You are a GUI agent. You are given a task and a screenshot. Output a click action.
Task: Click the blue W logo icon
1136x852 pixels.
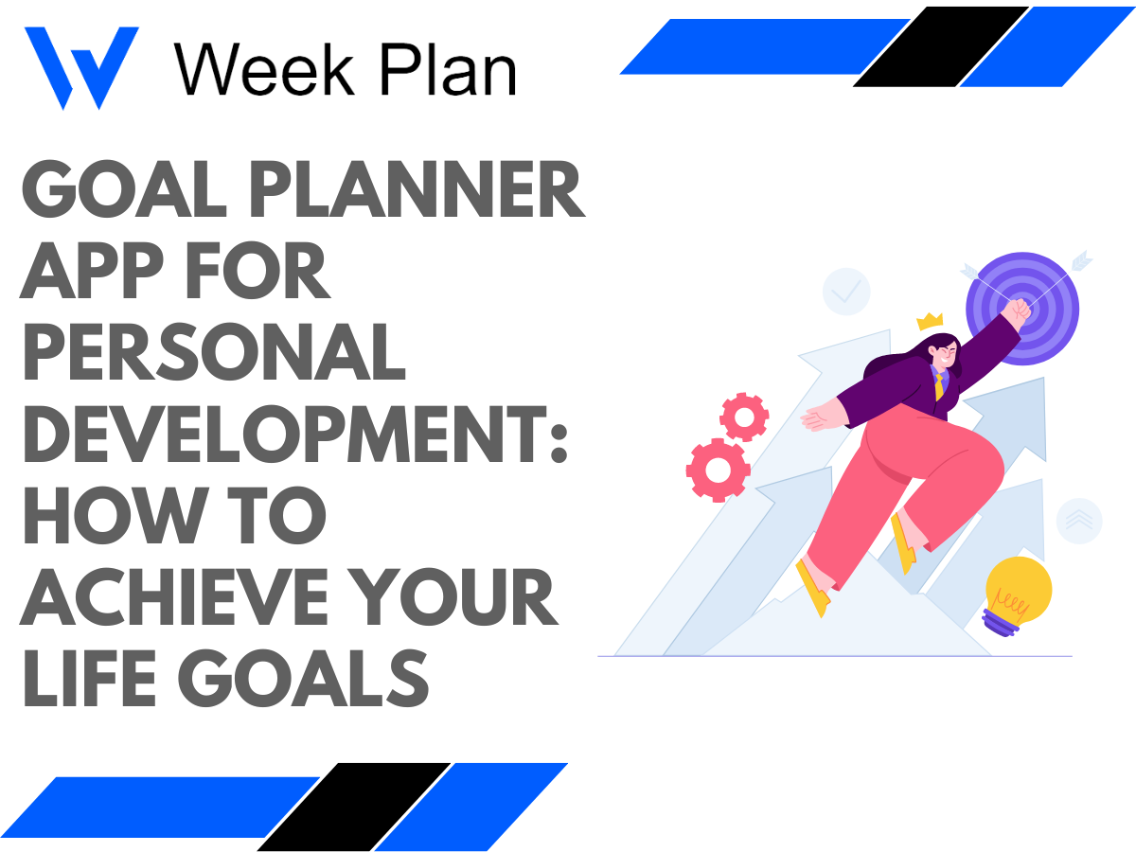80,66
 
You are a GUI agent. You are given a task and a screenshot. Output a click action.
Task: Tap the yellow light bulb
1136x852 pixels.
1019,592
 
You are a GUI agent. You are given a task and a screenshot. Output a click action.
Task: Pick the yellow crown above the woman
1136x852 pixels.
931,321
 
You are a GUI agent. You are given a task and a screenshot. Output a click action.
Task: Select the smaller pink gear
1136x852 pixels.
744,416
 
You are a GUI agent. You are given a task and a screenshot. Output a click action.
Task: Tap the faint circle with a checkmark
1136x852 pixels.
846,291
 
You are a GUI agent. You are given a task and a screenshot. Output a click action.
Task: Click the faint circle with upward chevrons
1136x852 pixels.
1079,520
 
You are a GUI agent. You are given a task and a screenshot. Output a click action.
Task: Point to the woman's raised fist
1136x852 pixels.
1018,311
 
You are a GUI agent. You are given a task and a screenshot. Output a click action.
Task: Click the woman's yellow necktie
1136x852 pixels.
939,384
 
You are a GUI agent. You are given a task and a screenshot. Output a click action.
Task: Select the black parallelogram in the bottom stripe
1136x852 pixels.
353,807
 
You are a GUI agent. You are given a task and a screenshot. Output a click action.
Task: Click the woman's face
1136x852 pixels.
947,355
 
